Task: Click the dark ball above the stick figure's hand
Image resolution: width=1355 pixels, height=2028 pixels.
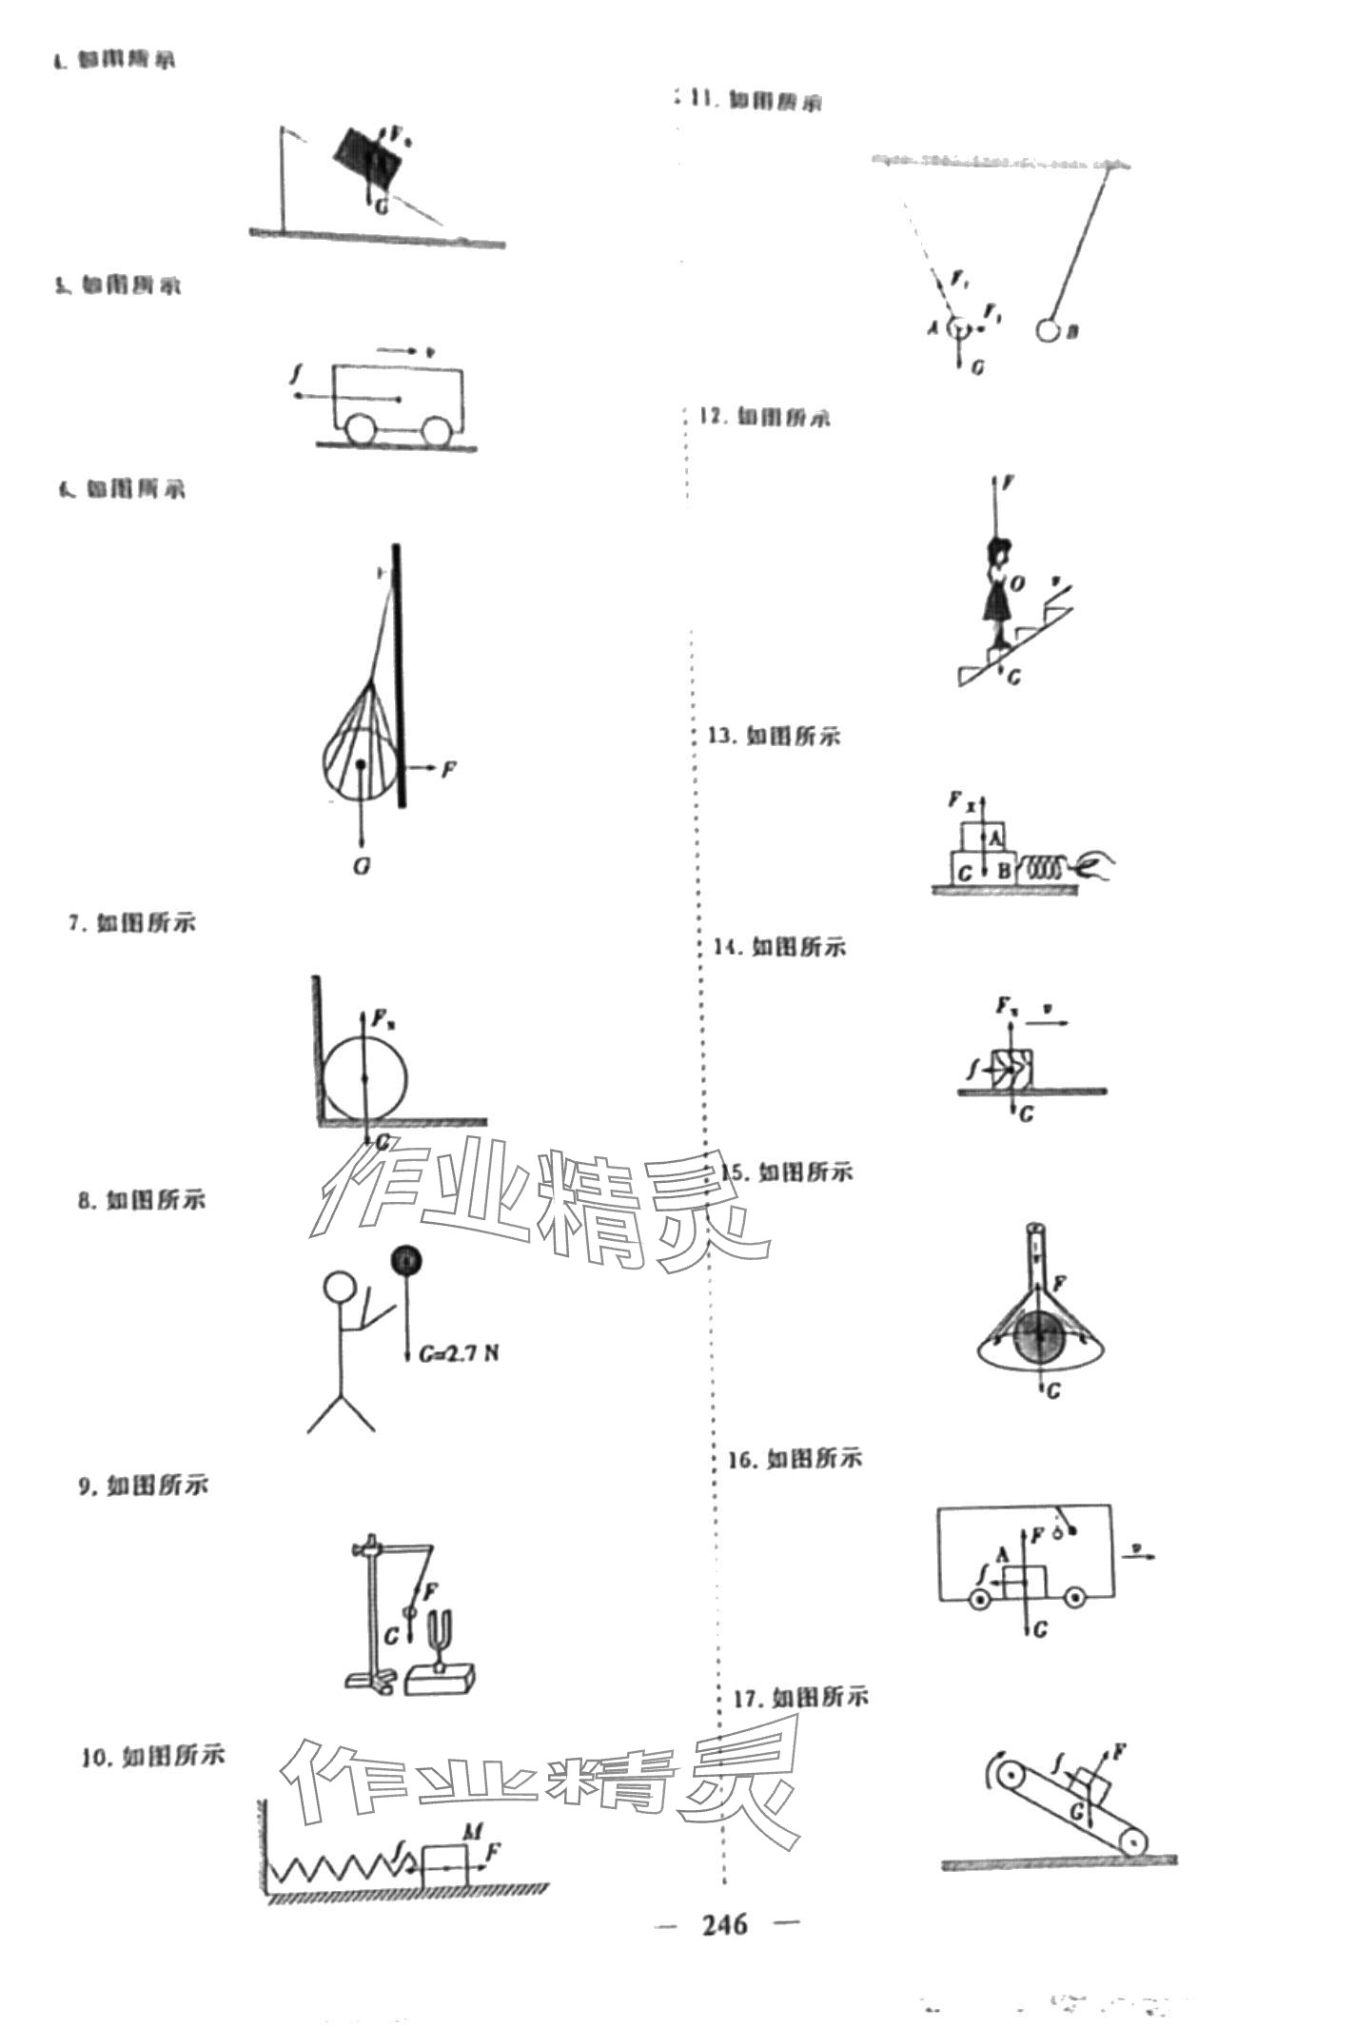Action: point(406,1261)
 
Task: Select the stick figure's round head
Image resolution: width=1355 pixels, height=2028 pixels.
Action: point(340,1288)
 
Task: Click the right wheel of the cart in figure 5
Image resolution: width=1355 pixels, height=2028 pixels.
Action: point(437,432)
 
